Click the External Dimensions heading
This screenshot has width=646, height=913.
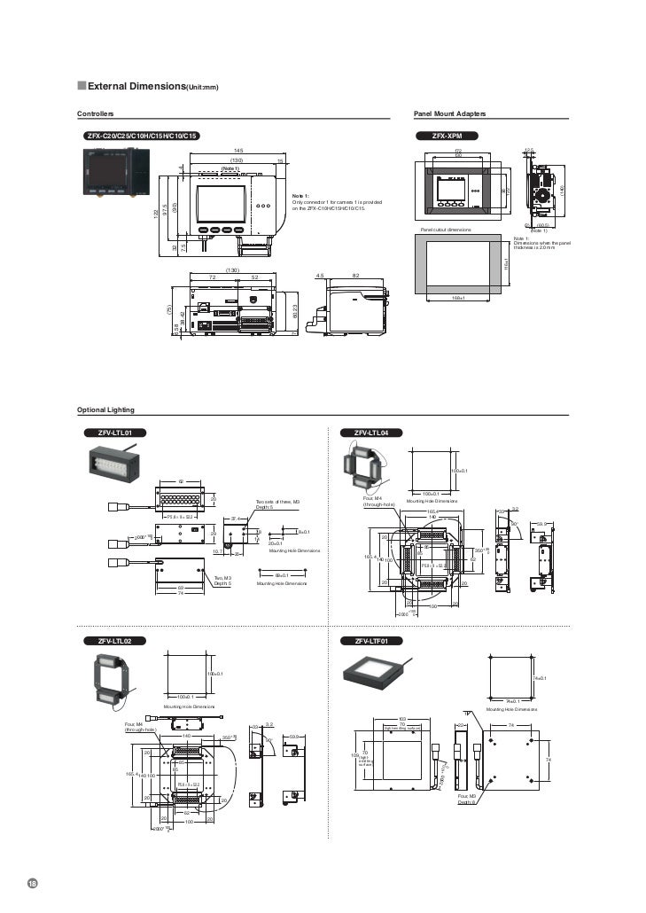tap(151, 86)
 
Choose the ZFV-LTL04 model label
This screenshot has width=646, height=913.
tap(377, 433)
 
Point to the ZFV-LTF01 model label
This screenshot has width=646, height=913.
tap(377, 640)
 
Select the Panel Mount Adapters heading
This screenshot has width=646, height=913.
tap(449, 115)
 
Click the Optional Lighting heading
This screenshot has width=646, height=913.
tap(105, 409)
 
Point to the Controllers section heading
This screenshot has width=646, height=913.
tap(96, 115)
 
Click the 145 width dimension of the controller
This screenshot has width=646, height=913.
tap(238, 151)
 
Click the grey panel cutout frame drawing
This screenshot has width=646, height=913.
tap(459, 265)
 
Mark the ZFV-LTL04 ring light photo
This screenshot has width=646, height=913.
tap(364, 465)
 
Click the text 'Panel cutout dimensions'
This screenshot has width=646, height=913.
tap(446, 230)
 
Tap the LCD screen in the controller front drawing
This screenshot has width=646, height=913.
tap(221, 204)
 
